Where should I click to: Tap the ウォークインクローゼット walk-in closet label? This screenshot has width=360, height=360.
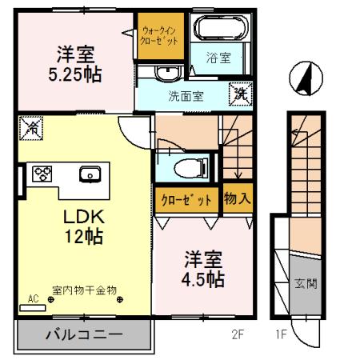click(x=161, y=35)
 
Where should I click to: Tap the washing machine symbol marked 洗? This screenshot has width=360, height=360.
click(x=239, y=93)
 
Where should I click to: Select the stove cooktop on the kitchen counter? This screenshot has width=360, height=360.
click(x=42, y=174)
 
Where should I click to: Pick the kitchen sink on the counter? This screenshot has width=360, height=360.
click(x=89, y=174)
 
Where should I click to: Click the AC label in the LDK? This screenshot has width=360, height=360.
click(x=33, y=299)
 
